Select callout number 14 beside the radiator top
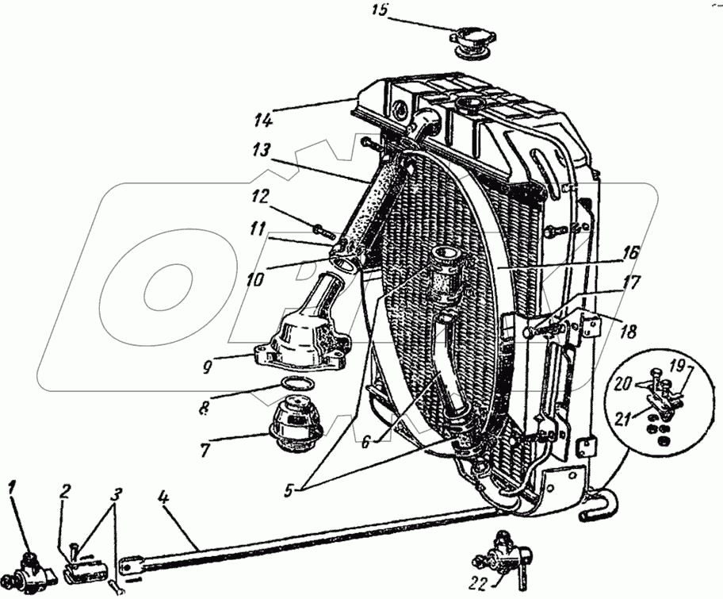point(264,121)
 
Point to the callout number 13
point(263,150)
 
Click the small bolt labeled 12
point(321,231)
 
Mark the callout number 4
point(162,500)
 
